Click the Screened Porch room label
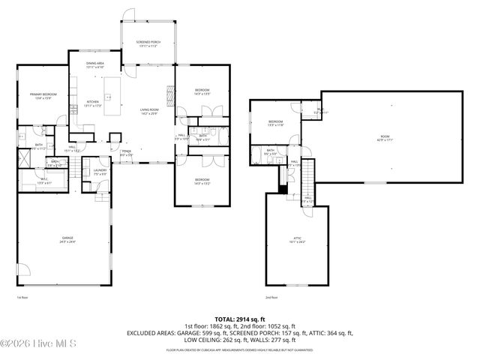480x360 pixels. click(x=148, y=43)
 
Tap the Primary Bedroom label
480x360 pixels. click(x=43, y=95)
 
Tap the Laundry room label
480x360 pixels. click(x=99, y=172)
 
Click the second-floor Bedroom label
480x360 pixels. click(x=275, y=123)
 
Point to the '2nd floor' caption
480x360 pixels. click(x=271, y=298)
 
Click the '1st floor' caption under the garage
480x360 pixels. click(x=21, y=298)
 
